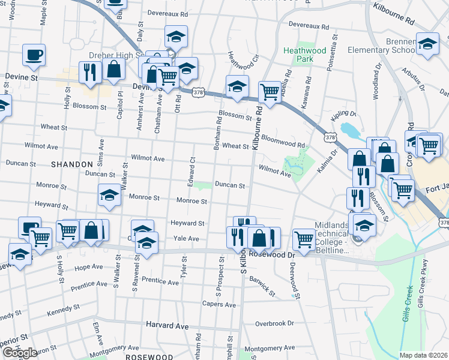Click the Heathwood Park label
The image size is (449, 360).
point(304,55)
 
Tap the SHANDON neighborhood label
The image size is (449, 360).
point(72,164)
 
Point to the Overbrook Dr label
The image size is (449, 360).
point(274,323)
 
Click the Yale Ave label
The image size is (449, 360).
point(186,239)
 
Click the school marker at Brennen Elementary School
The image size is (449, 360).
point(427,45)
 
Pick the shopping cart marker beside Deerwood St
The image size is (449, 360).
point(304,238)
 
